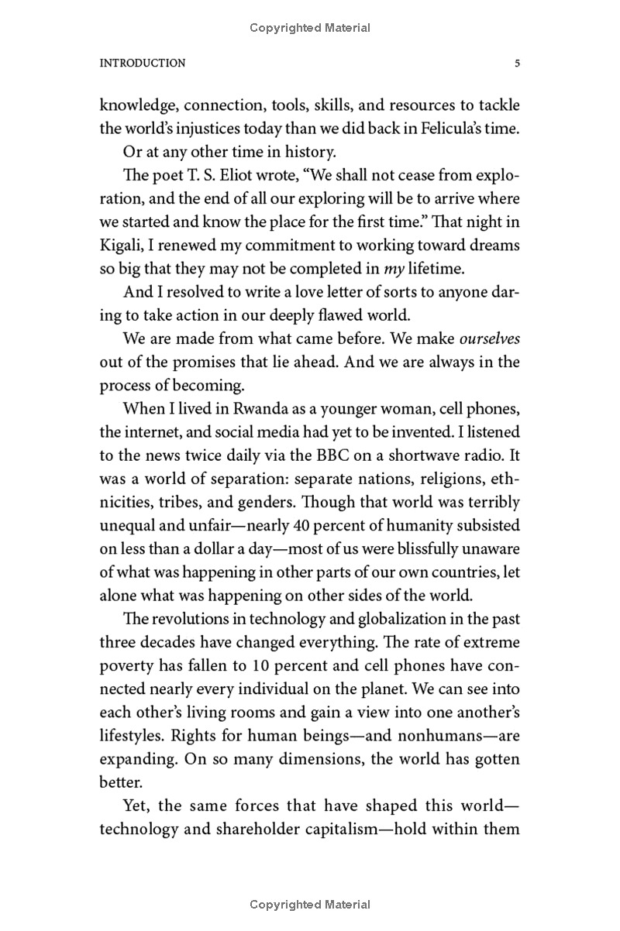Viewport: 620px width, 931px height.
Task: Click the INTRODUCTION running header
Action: pos(143,64)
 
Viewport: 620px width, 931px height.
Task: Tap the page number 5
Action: pos(517,64)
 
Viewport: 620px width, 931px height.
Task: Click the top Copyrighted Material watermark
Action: pos(310,28)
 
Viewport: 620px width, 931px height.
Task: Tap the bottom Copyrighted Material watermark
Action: pos(310,904)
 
